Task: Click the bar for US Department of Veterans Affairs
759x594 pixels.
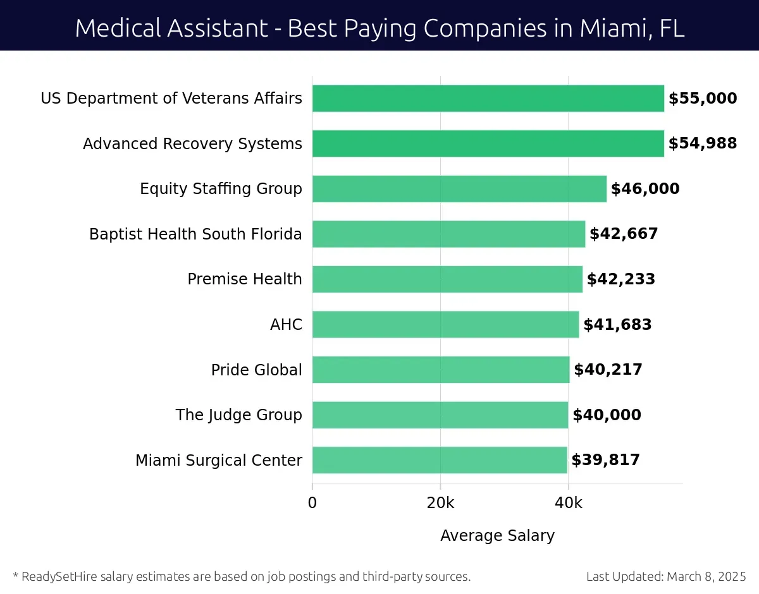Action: tap(488, 99)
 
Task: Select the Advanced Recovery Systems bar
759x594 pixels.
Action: tap(488, 143)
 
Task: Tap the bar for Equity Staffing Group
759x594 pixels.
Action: tap(459, 189)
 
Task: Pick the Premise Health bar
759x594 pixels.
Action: tap(447, 279)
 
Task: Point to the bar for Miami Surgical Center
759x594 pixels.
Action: tap(440, 460)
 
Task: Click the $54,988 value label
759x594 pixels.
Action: tap(703, 143)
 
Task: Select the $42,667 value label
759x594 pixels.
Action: tap(624, 234)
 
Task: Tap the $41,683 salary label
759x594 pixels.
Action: tap(617, 325)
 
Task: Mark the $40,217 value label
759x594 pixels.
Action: tap(608, 370)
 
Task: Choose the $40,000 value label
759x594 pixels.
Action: tap(607, 415)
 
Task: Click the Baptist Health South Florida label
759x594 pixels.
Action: tap(195, 234)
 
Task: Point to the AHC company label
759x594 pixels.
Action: tap(286, 325)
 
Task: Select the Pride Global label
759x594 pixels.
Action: tap(257, 370)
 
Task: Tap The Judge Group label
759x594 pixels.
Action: tap(239, 415)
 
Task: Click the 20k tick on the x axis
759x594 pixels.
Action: tap(440, 503)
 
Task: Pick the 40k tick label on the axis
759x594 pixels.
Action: tap(568, 503)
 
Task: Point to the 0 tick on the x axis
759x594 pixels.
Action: tap(312, 503)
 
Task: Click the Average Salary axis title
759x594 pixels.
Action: tap(497, 536)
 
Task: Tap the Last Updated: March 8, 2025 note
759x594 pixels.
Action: tap(666, 576)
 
